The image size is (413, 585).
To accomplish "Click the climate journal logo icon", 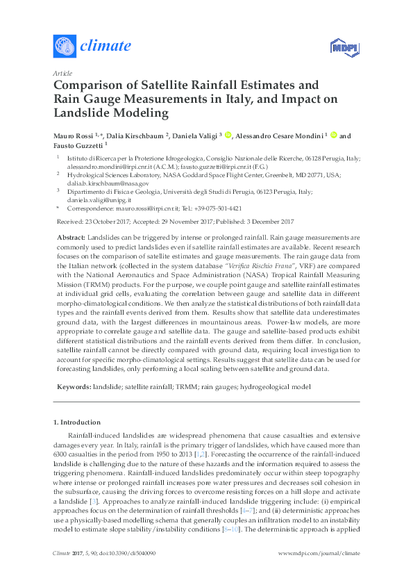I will (x=64, y=47).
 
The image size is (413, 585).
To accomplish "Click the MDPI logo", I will (x=340, y=47).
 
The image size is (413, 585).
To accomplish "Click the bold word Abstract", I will (x=70, y=238).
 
